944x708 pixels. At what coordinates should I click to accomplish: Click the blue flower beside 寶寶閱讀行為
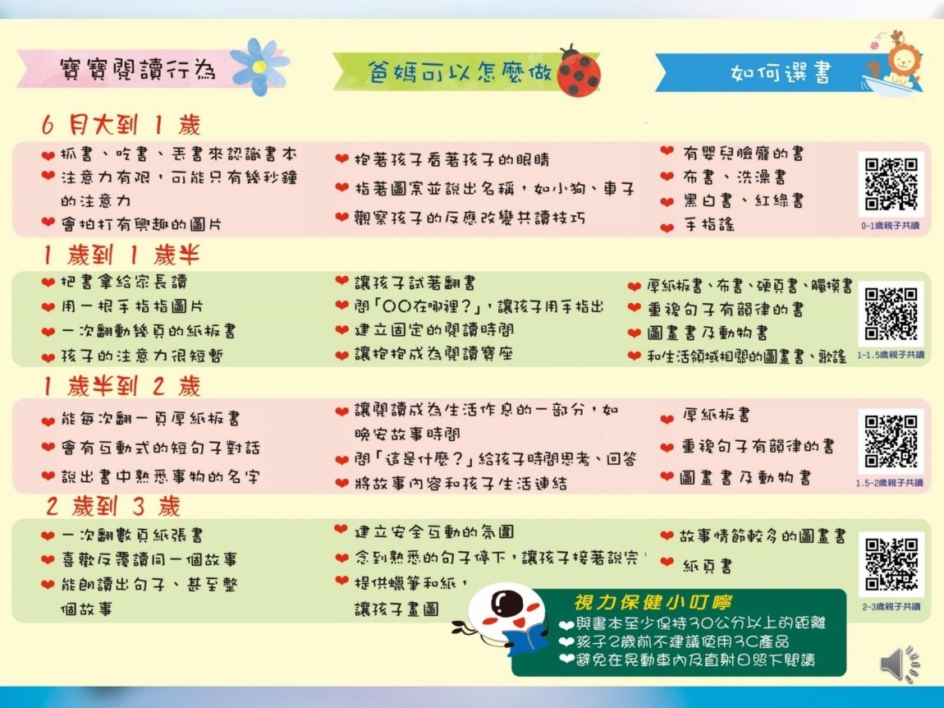click(x=259, y=67)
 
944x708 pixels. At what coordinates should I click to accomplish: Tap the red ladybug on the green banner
click(x=578, y=71)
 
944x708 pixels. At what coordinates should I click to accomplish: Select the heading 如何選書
click(x=781, y=73)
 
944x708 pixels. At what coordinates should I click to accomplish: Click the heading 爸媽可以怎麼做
click(x=460, y=71)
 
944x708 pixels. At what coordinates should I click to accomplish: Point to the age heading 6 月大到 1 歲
click(x=121, y=125)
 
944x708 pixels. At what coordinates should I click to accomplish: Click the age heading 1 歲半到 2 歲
click(x=121, y=386)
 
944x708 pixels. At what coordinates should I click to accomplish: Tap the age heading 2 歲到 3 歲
click(x=113, y=506)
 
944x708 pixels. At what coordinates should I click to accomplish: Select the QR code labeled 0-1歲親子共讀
click(x=891, y=184)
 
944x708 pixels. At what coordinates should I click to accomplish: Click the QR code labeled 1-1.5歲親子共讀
click(x=891, y=313)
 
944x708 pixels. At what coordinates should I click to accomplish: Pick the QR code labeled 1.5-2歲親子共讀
click(x=891, y=442)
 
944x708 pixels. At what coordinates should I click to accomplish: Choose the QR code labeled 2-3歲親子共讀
click(x=891, y=564)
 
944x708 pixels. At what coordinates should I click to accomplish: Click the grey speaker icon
click(x=900, y=664)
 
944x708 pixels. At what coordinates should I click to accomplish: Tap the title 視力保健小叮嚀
click(x=653, y=602)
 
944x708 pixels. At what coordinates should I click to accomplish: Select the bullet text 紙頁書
click(x=708, y=566)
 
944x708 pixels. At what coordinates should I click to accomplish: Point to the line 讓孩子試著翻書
click(x=415, y=283)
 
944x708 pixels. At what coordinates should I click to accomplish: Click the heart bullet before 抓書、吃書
click(x=48, y=155)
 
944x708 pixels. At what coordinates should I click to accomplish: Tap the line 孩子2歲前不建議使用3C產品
click(x=681, y=641)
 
